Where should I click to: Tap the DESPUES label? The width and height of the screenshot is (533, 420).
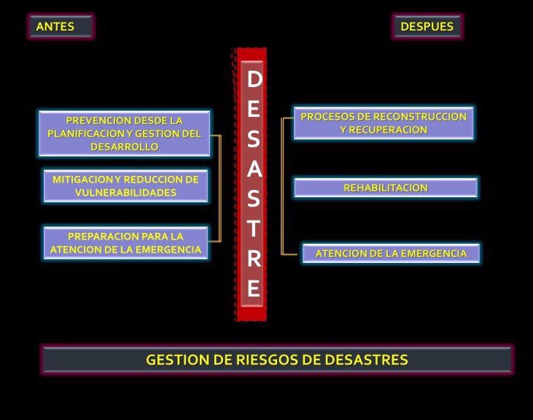coord(427,27)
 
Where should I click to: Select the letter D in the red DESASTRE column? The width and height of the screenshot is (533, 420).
coord(253,80)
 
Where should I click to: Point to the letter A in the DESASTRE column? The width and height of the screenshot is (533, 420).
coord(253,168)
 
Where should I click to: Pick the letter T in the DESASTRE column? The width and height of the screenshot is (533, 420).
coord(253,228)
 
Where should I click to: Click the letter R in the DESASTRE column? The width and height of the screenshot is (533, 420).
coord(253,259)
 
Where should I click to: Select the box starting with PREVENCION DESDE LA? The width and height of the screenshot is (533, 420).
coord(124,133)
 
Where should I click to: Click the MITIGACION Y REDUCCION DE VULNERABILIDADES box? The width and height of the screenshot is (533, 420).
coord(125,186)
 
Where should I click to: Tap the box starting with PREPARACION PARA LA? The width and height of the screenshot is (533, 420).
coord(125,243)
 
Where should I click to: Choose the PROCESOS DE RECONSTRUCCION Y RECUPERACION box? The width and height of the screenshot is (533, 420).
coord(384,123)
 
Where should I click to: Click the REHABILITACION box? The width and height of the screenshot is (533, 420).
coord(386,188)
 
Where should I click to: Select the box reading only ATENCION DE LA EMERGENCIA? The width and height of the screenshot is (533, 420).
coord(391,253)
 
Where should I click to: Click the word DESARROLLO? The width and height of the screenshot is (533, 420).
coord(124,146)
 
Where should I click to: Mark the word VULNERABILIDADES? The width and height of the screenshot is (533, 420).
coord(125,193)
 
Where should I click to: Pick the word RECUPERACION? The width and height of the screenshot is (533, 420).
coord(384,129)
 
